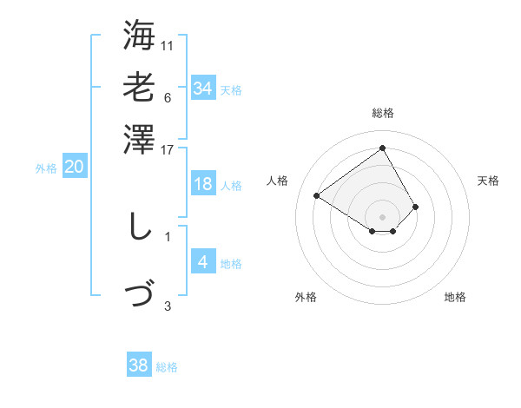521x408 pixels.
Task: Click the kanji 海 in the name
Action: [x=139, y=36]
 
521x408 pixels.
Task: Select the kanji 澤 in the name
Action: [x=139, y=140]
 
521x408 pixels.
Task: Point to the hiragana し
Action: [x=138, y=227]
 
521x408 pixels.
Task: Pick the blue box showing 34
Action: [x=202, y=89]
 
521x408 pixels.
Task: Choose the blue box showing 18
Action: [x=202, y=184]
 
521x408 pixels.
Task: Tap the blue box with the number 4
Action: [x=202, y=261]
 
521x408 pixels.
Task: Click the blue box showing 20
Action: [x=74, y=168]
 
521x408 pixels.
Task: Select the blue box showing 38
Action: [x=139, y=365]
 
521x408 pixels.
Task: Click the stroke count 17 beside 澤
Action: [x=168, y=150]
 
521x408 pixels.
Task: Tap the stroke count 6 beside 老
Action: [x=168, y=97]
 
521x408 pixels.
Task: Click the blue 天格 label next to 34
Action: [x=231, y=90]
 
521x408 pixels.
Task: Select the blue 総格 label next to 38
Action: [x=167, y=367]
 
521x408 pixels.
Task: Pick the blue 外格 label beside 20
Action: [x=46, y=169]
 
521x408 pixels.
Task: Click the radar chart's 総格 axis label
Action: [x=382, y=113]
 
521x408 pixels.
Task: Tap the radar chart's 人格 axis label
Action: [x=278, y=181]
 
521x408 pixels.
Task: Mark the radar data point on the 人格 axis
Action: [x=317, y=195]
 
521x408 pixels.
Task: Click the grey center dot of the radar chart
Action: [x=382, y=216]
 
